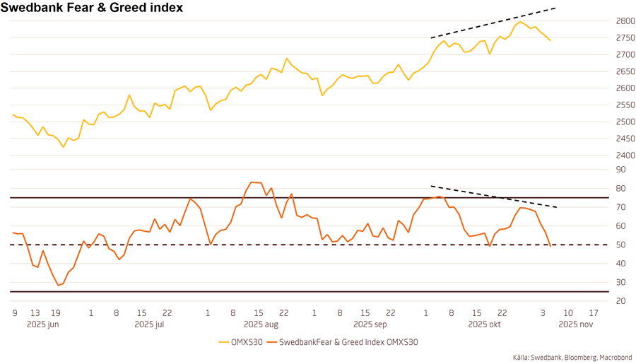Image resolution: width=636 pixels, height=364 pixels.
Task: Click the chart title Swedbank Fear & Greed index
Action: pyautogui.click(x=92, y=8)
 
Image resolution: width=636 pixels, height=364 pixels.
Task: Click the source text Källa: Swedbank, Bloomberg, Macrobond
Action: pyautogui.click(x=572, y=358)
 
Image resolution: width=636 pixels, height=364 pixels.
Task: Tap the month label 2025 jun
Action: pyautogui.click(x=43, y=324)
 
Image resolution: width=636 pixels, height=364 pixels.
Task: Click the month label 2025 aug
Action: pyautogui.click(x=260, y=324)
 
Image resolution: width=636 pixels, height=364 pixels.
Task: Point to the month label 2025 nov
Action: pyautogui.click(x=575, y=324)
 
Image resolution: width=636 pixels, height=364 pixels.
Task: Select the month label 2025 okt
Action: pyautogui.click(x=484, y=324)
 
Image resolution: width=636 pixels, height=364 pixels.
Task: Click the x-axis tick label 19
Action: pyautogui.click(x=56, y=312)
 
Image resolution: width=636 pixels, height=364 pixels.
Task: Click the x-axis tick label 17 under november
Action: pyautogui.click(x=594, y=312)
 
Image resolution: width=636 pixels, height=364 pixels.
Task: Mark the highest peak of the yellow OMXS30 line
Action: pyautogui.click(x=521, y=22)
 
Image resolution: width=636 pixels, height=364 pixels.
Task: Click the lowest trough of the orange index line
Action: pyautogui.click(x=59, y=285)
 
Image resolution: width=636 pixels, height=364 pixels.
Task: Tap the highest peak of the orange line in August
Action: pyautogui.click(x=252, y=182)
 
